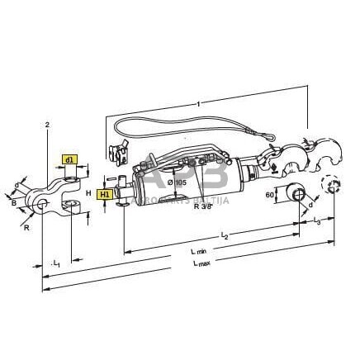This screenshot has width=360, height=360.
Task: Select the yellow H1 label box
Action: (x=105, y=194)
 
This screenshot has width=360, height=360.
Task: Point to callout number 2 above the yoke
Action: (x=48, y=124)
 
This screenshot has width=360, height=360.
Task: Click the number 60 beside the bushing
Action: (x=270, y=197)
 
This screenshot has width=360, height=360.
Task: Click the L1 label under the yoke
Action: (x=56, y=263)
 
